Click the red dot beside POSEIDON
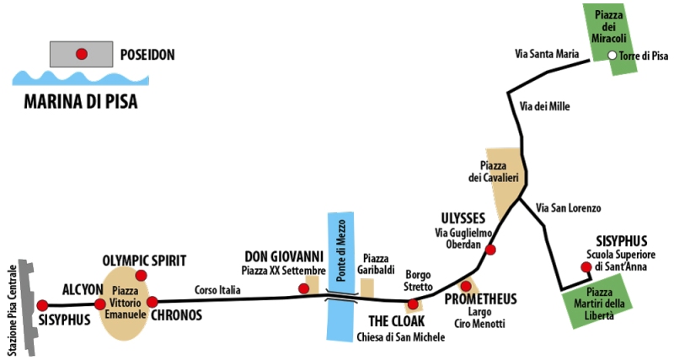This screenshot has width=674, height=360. click(82, 55)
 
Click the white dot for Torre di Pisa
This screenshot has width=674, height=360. click(612, 56)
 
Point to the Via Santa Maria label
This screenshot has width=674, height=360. click(547, 55)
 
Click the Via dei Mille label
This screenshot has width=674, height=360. click(539, 106)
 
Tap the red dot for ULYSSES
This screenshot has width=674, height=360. click(490, 250)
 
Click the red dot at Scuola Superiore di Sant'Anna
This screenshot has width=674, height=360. click(586, 268)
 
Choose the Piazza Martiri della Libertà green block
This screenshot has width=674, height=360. click(599, 304)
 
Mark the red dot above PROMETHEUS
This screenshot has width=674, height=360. click(466, 287)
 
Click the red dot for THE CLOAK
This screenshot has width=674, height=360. click(412, 304)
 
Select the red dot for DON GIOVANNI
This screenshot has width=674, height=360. click(304, 288)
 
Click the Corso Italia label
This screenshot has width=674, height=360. click(217, 290)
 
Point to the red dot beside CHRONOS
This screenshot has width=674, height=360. click(152, 302)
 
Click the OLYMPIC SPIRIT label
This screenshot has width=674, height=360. click(144, 261)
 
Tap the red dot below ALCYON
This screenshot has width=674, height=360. click(99, 304)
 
